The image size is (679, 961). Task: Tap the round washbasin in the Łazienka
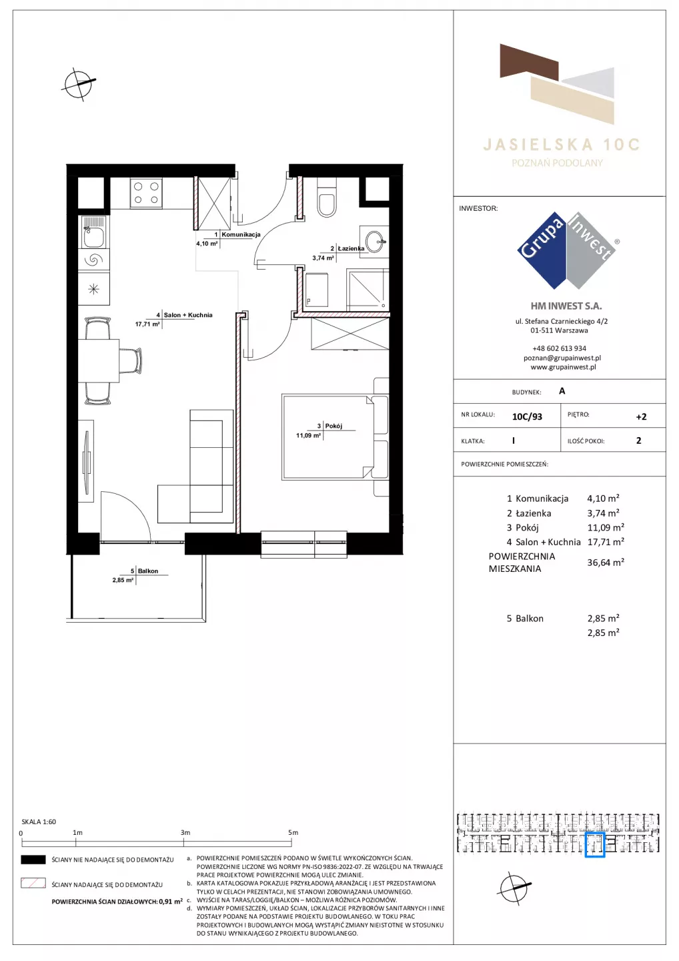click(x=374, y=242)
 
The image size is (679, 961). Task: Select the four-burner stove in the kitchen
click(x=146, y=193)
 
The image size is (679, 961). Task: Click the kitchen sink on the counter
click(x=94, y=232)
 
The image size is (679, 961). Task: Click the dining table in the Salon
click(x=99, y=360)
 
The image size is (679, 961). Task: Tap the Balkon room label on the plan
click(x=148, y=571)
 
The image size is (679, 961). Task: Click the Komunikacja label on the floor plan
click(x=241, y=235)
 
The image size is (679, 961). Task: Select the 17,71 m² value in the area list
click(x=606, y=542)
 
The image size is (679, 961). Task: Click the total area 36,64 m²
click(x=606, y=563)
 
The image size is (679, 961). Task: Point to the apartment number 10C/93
click(x=527, y=416)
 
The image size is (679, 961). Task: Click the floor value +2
click(x=641, y=416)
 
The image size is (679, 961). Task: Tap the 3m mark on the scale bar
click(x=185, y=832)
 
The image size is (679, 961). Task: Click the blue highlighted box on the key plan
click(x=595, y=845)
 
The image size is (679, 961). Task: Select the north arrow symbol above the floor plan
click(x=79, y=84)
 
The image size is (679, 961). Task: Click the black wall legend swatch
click(x=33, y=860)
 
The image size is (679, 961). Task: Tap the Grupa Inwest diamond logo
click(x=567, y=250)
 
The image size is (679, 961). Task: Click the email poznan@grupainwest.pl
click(x=562, y=358)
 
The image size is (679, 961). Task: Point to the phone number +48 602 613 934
click(x=559, y=348)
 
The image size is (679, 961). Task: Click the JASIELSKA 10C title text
click(x=561, y=145)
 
